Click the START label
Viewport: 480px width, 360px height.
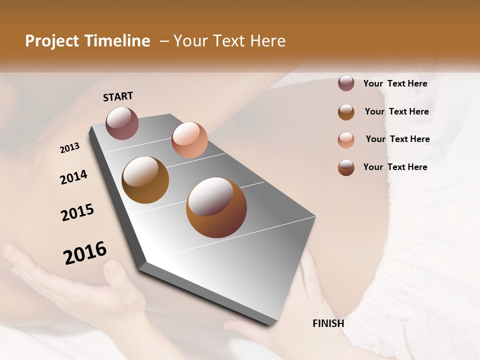click(118, 96)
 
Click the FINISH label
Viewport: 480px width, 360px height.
click(328, 323)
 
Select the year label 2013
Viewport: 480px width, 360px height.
click(69, 147)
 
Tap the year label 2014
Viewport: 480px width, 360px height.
click(73, 177)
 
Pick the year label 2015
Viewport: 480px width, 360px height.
click(77, 212)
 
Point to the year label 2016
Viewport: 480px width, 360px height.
click(85, 253)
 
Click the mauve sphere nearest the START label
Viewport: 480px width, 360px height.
click(122, 123)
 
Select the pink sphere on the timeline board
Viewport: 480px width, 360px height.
click(189, 139)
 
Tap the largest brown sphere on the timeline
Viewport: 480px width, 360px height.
click(216, 207)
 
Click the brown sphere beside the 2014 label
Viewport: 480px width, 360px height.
click(145, 180)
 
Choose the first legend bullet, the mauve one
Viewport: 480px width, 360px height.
click(346, 83)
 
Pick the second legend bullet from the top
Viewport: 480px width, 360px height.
click(346, 112)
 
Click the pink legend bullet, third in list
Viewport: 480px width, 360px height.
click(346, 139)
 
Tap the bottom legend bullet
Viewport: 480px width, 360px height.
click(346, 167)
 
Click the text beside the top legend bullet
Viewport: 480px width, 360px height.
click(395, 83)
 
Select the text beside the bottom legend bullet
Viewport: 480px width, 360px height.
click(395, 167)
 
